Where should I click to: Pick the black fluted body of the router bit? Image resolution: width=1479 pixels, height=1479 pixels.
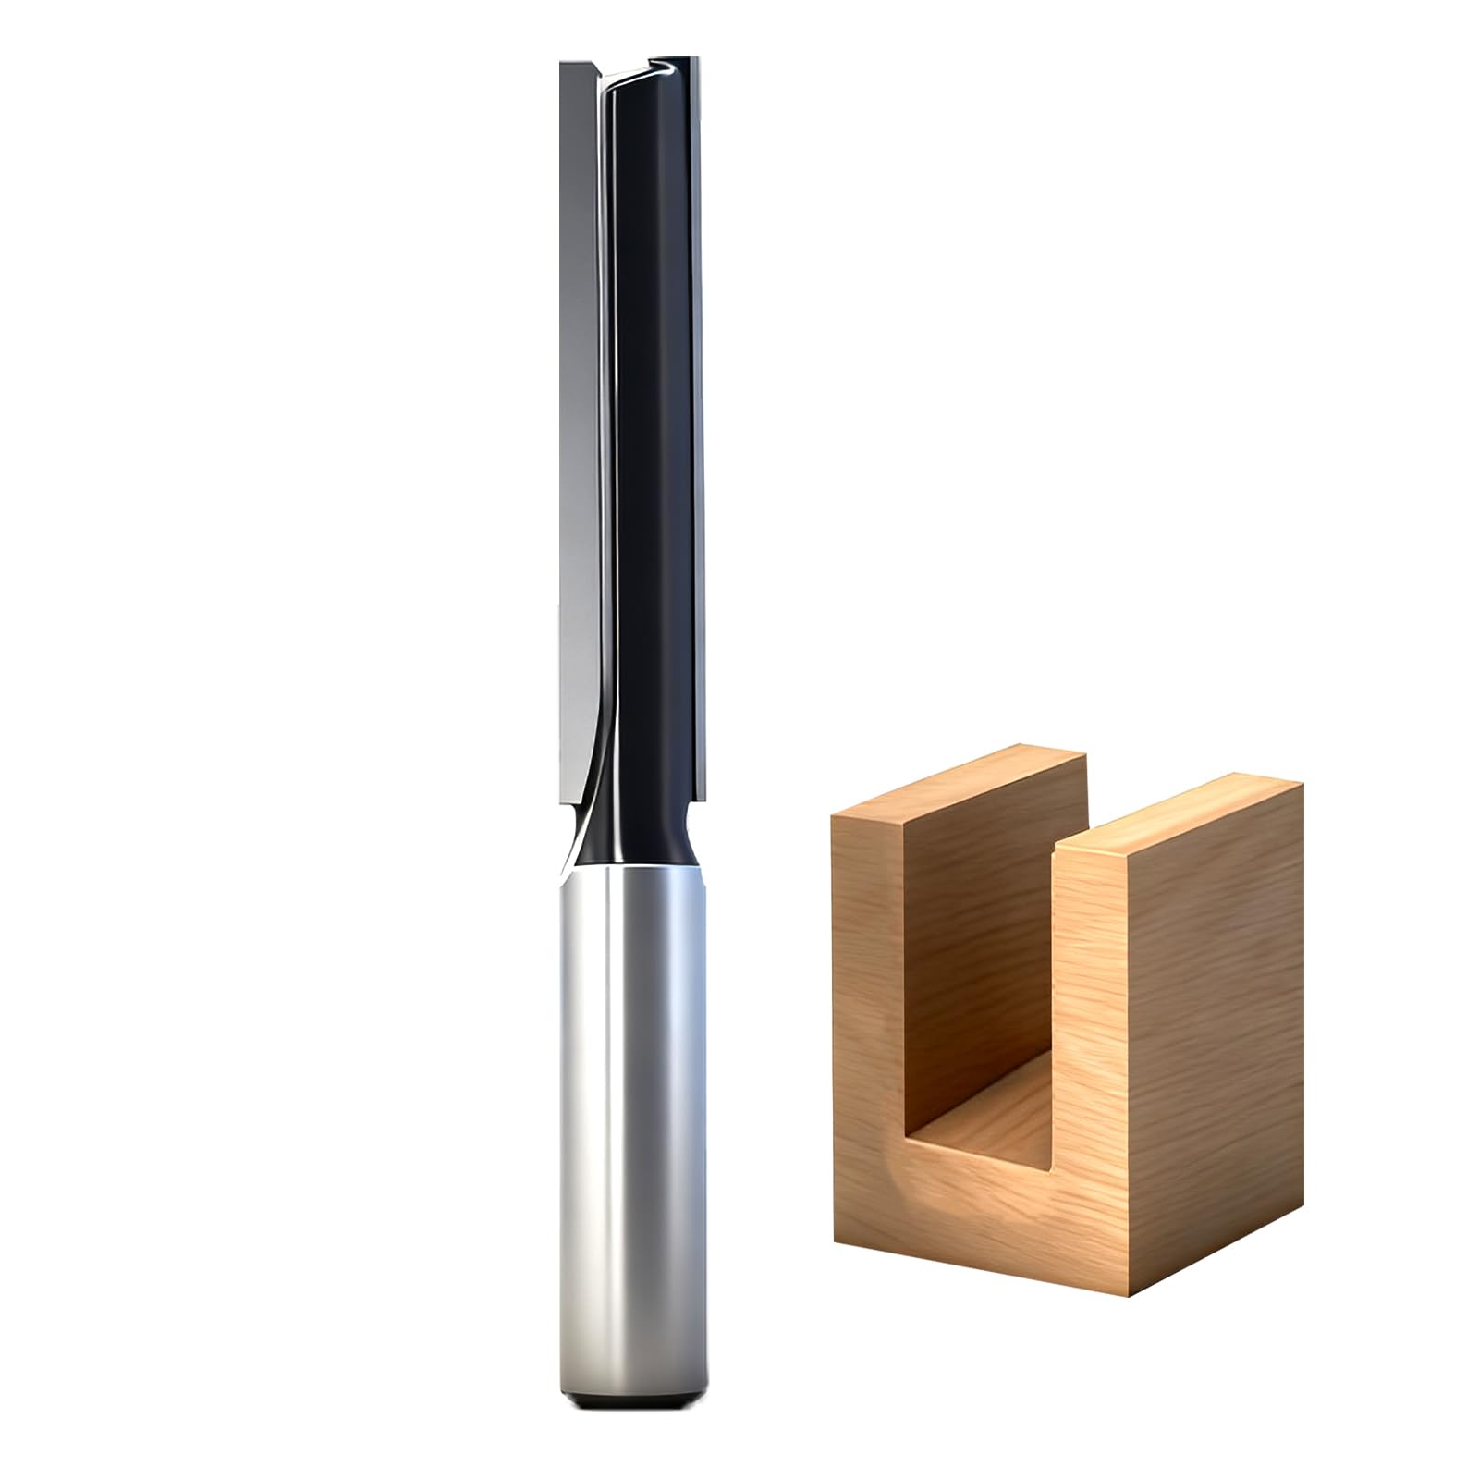(647, 416)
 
